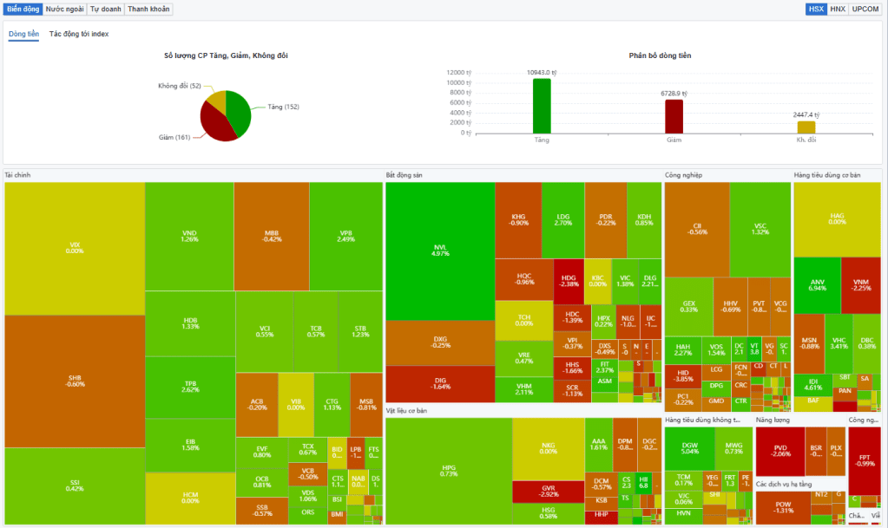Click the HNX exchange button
coord(837,9)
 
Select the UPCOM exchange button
coord(865,9)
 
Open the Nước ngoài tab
coord(65,9)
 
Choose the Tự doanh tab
coord(106,9)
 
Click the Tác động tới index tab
coord(79,34)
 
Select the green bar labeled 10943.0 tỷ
coord(542,105)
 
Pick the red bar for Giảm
coord(674,115)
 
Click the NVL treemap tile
coord(440,251)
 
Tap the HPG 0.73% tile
coord(448,471)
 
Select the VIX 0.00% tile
coord(74,247)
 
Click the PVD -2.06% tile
coord(780,451)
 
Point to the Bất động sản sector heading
coord(404,175)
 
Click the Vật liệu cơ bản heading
coord(409,409)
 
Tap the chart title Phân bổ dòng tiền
coord(660,55)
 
